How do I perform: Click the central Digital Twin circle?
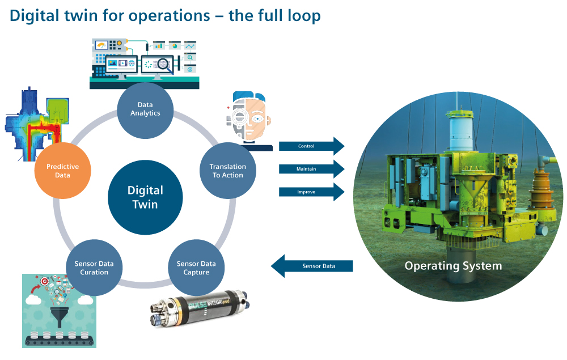[145, 197]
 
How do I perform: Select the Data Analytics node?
[145, 109]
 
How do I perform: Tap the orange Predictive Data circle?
[62, 171]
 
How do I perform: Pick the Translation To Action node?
[227, 171]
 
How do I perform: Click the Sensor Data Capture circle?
[196, 268]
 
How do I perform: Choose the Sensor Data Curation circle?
[94, 268]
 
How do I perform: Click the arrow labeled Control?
[311, 146]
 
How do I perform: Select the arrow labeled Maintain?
[311, 169]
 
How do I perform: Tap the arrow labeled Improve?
[311, 192]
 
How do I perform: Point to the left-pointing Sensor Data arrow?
[312, 266]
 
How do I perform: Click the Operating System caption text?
[453, 266]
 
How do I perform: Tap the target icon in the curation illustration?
[44, 282]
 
